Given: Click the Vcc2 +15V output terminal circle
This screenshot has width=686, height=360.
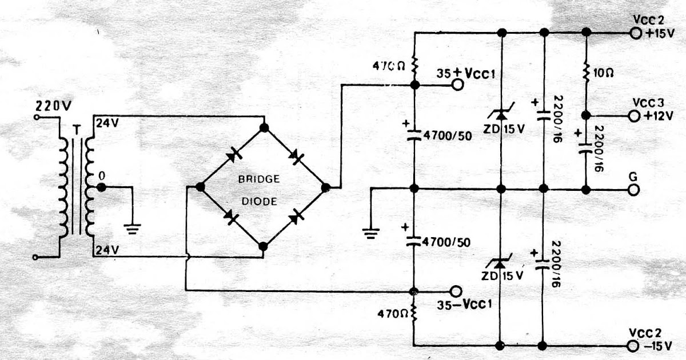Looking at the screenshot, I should pos(635,33).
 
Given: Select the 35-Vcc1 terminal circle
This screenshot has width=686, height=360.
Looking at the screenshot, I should pos(456,290).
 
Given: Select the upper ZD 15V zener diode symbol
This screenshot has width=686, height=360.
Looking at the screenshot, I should pos(501,116).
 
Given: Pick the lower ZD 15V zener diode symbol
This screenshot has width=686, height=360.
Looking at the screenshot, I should pos(501,262).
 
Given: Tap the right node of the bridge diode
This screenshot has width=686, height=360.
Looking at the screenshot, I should pos(326,187).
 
